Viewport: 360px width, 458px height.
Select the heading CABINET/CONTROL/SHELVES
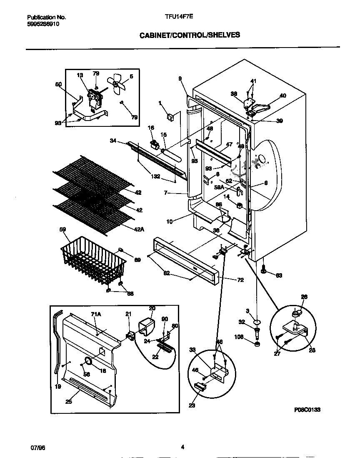[x=190, y=35]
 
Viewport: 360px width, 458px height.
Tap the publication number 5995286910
[x=43, y=24]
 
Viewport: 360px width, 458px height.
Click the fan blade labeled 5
[x=116, y=83]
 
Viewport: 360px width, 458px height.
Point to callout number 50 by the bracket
[x=58, y=84]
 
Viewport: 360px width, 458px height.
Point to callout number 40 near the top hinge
[x=283, y=96]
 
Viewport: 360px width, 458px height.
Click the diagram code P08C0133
[x=307, y=410]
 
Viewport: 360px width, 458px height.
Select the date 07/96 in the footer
[x=38, y=447]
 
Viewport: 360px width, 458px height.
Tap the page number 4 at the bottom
[x=182, y=447]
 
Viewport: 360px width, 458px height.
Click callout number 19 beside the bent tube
[x=57, y=387]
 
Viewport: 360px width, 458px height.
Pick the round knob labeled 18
[x=89, y=360]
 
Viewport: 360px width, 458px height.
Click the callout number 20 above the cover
[x=152, y=308]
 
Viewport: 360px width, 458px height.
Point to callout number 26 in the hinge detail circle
[x=304, y=297]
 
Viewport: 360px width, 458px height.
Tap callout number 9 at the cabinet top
[x=180, y=78]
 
